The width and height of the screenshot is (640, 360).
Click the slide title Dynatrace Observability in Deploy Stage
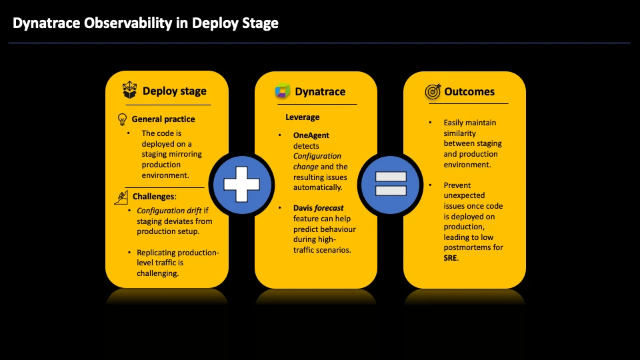click(145, 23)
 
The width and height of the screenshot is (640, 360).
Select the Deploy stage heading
click(174, 91)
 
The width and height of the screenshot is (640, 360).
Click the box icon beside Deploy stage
click(129, 91)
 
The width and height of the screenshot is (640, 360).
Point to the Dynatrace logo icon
click(283, 91)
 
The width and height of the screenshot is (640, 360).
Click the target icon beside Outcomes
click(433, 91)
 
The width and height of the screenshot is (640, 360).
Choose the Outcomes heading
click(469, 91)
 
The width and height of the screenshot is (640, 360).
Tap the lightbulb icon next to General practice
click(122, 119)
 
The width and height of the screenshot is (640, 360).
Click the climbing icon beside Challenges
click(121, 197)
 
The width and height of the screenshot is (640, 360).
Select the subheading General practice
click(163, 119)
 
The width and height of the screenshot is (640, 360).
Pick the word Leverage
click(303, 117)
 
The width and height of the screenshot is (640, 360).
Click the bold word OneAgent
click(307, 135)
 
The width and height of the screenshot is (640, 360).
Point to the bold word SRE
click(451, 257)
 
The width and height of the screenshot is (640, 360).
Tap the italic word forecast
click(329, 208)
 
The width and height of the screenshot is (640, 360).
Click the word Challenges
click(153, 197)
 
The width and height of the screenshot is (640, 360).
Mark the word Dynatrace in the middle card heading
click(320, 91)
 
